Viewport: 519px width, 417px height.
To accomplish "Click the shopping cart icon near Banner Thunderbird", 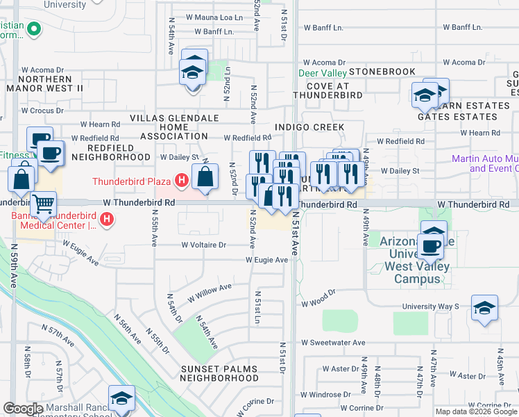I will coord(43,204).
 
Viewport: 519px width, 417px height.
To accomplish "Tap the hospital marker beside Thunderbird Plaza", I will coord(181,181).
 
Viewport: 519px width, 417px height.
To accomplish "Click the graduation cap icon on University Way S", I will coord(484,308).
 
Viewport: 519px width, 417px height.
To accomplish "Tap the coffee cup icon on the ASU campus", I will coord(432,246).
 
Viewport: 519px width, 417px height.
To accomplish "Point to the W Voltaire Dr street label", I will coord(204,245).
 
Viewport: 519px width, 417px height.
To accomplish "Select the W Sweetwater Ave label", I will coord(333,343).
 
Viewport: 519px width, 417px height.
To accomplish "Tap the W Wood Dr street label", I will coord(318,303).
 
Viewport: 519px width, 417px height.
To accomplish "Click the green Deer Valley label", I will coord(322,72).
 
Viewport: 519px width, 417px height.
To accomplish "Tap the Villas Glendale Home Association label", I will coord(188,127).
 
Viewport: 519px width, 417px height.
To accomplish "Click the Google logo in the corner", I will coord(23,409).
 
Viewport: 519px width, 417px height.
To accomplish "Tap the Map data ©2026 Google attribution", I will coord(475,411).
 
